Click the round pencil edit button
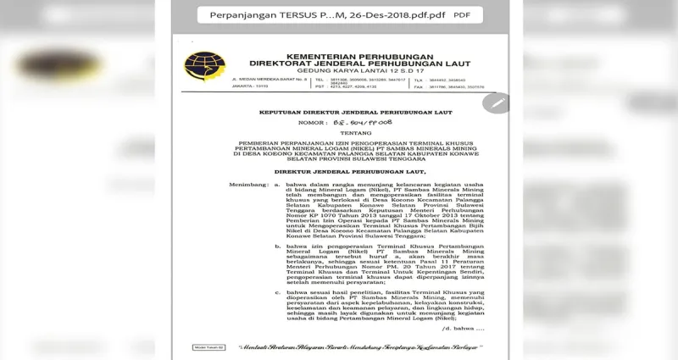[496, 102]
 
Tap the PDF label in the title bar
[462, 14]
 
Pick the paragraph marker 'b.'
[277, 246]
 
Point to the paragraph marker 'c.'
[277, 291]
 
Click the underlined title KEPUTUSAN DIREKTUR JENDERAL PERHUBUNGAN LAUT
[331, 113]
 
